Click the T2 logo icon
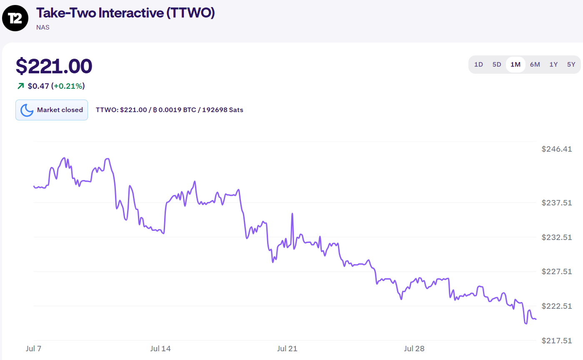pos(15,19)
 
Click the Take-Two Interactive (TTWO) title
pos(125,13)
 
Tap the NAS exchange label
pos(43,27)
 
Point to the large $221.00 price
pos(54,66)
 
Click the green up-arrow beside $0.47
pos(20,86)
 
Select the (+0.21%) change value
pos(68,86)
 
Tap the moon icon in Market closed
pos(27,110)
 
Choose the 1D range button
pos(478,65)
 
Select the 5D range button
pos(497,65)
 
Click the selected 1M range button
pos(515,65)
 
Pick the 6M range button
pos(535,65)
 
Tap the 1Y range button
pos(553,65)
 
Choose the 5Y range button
pos(571,65)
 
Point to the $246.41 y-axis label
pos(557,149)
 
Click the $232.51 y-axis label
pos(557,237)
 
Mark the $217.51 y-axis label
pos(557,340)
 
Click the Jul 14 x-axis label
pos(160,348)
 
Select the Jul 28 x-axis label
pos(414,348)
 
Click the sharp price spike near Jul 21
pos(293,214)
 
